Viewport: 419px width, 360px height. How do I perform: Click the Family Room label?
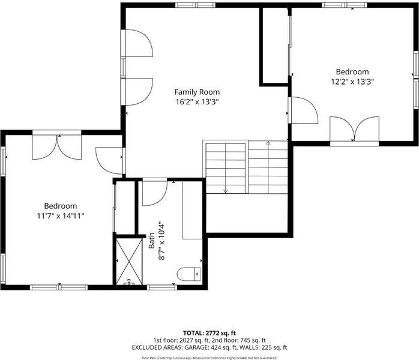(197, 92)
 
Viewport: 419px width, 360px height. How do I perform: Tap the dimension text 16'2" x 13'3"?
(197, 102)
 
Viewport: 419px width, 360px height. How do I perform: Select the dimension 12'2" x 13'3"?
(352, 82)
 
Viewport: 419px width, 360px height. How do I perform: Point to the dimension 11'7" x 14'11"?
(61, 216)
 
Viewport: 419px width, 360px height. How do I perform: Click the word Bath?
(151, 241)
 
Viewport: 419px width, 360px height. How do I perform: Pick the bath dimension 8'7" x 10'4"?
(161, 241)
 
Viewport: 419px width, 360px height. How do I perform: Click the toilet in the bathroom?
(188, 274)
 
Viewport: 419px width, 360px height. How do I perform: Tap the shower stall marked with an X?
(129, 262)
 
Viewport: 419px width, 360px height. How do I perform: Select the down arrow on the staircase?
(226, 168)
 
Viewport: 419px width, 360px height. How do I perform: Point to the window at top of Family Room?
(195, 5)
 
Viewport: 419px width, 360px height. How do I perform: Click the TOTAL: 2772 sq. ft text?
(209, 333)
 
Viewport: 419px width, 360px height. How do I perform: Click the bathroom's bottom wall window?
(162, 287)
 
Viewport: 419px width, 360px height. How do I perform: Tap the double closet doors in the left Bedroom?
(56, 147)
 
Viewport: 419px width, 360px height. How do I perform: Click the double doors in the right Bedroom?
(354, 129)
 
